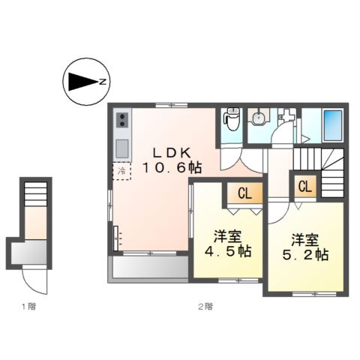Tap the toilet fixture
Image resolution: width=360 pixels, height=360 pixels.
[x=231, y=120]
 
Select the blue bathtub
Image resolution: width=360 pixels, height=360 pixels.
[x=331, y=126]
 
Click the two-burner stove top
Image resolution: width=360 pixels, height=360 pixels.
[x=123, y=120]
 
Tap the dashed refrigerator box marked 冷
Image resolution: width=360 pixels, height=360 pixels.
[x=121, y=172]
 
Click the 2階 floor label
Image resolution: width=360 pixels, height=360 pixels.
[x=205, y=306]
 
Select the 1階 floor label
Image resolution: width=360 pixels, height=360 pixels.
[x=28, y=306]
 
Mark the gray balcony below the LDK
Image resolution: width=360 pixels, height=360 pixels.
[x=148, y=268]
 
